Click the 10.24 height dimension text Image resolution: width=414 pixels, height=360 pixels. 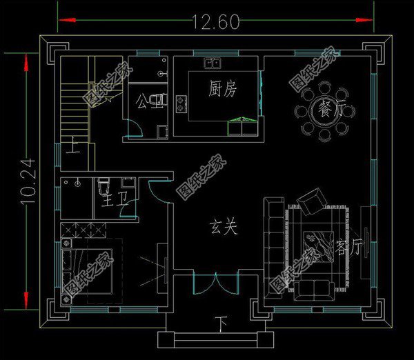tap(14, 181)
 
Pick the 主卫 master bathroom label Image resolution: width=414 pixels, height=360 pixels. tap(109, 201)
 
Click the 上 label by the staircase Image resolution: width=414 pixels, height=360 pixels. tap(73, 146)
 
